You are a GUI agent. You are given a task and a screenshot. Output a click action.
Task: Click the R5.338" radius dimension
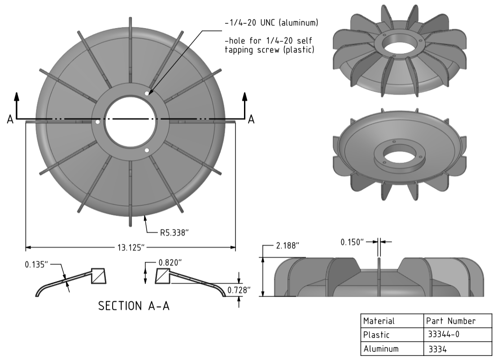(x=174, y=233)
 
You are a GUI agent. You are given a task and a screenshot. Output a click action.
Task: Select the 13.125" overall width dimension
(x=131, y=247)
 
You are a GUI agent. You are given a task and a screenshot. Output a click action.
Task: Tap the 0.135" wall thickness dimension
(x=36, y=265)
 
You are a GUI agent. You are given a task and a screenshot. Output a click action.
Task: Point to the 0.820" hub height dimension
(x=170, y=263)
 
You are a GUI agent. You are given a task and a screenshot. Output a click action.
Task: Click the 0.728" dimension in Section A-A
(x=239, y=290)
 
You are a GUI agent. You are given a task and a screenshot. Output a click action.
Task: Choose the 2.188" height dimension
(x=288, y=246)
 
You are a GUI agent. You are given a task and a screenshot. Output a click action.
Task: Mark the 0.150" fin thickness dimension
(x=352, y=242)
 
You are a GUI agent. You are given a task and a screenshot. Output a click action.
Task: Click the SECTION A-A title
(x=134, y=306)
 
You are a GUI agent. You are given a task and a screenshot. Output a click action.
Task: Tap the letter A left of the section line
(x=10, y=119)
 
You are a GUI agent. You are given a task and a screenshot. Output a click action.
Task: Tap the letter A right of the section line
(x=252, y=119)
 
